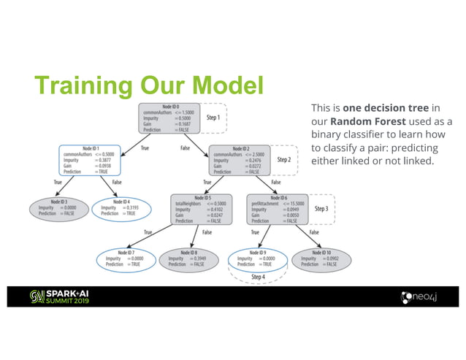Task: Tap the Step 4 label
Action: coord(259,277)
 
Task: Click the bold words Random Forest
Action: coord(362,120)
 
